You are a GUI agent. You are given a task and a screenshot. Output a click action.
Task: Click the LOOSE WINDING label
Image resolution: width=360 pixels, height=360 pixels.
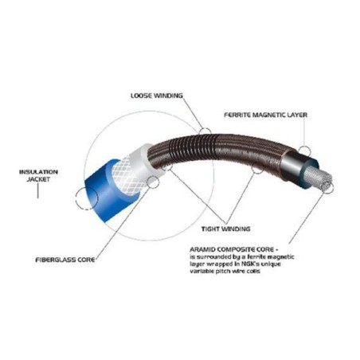pos(157,96)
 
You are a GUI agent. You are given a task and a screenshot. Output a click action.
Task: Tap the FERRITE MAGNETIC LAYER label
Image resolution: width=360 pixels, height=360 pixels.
pos(265,115)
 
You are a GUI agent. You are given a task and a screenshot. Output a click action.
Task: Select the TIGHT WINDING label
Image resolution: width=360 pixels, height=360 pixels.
pos(225,229)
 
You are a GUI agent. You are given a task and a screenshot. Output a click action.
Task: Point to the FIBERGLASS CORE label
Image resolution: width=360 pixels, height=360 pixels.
pos(65,260)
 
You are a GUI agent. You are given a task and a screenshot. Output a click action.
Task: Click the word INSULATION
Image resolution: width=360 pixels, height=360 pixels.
pos(38,172)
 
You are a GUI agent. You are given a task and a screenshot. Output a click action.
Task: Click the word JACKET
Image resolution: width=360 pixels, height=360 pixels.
pos(38,179)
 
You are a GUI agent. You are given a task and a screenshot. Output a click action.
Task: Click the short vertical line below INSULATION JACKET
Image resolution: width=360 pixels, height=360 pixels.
pos(37,191)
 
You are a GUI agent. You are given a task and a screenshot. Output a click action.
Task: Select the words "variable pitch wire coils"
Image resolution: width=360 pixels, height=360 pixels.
pos(225,272)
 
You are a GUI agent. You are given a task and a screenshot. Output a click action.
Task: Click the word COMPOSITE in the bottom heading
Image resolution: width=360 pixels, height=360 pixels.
pos(237,249)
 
